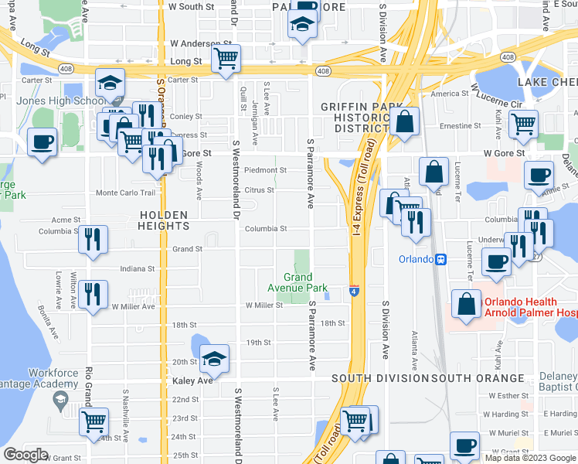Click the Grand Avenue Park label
point(297,282)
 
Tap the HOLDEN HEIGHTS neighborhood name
point(165,220)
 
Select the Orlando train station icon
point(440,259)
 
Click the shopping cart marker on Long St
point(226,58)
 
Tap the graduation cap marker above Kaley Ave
point(214,358)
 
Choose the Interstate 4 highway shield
point(353,291)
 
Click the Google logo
point(25,455)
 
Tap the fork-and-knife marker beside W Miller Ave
point(93,294)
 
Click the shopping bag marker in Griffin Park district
point(403,121)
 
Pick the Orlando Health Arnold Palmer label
point(530,308)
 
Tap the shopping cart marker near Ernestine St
point(523,123)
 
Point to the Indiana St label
point(138,269)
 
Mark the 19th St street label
point(258,343)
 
